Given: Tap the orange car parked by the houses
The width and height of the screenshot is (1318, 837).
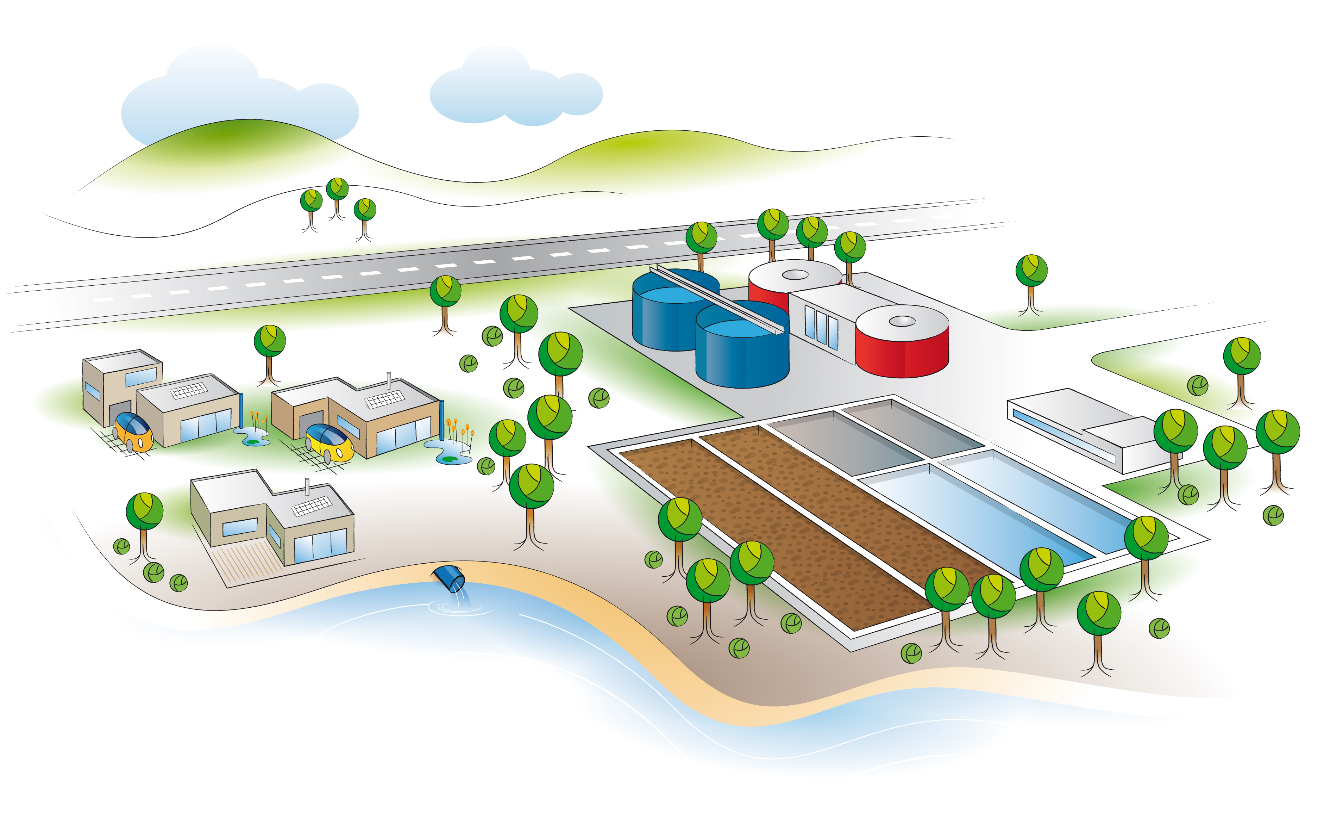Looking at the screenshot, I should [x=133, y=431].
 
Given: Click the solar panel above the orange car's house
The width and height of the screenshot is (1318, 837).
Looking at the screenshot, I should [x=189, y=391].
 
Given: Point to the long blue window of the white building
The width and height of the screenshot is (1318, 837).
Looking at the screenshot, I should [x=1062, y=433].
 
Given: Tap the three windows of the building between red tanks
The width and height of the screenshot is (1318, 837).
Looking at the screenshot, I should [x=821, y=326].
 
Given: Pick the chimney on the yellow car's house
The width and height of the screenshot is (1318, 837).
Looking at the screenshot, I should [x=389, y=380].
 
